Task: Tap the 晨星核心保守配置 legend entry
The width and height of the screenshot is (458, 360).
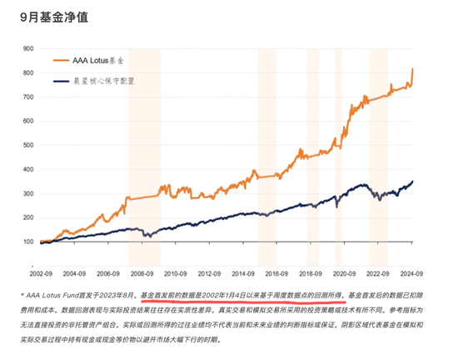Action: [103, 82]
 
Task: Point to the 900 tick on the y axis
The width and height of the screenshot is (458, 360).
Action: [28, 49]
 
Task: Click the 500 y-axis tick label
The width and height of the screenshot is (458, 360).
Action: [28, 146]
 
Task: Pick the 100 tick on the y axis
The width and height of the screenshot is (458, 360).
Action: [28, 242]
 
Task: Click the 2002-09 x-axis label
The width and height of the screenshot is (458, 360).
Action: [42, 272]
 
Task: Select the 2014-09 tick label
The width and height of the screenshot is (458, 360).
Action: [242, 272]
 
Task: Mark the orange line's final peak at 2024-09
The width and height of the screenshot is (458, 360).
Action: [414, 68]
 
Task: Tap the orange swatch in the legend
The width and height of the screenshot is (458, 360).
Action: [58, 62]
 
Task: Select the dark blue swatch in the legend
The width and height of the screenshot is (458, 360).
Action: [58, 82]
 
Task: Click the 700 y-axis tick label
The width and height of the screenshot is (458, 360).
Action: [28, 97]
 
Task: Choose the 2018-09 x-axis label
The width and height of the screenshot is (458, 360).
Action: [310, 272]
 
